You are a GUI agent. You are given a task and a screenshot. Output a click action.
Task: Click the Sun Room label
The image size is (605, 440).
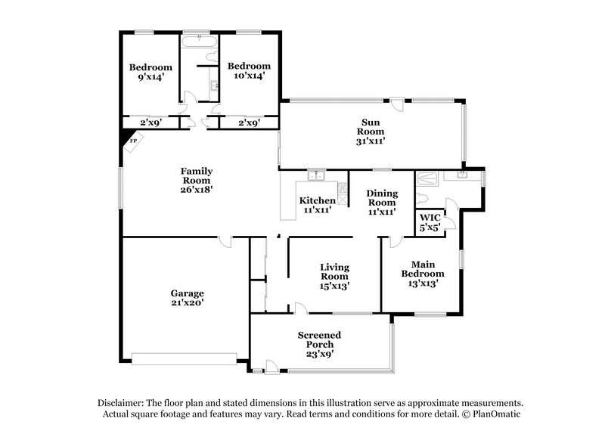click(371, 132)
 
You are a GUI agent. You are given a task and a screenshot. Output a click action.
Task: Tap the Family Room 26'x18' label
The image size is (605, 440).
click(196, 180)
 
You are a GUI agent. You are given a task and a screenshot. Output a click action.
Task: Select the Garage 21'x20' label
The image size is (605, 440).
click(187, 297)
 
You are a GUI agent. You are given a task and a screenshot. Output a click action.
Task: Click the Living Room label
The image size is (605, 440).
click(334, 276)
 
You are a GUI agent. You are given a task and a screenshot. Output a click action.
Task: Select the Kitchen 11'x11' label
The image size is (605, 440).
click(317, 205)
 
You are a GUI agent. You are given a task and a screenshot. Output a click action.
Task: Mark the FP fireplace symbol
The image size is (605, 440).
click(133, 141)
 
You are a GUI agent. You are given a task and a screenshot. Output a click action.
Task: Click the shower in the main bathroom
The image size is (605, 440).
click(425, 178)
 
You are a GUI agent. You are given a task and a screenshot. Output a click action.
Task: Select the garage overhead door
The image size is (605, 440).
click(185, 356)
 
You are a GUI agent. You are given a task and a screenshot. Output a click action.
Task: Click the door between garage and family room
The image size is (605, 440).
click(225, 241)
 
